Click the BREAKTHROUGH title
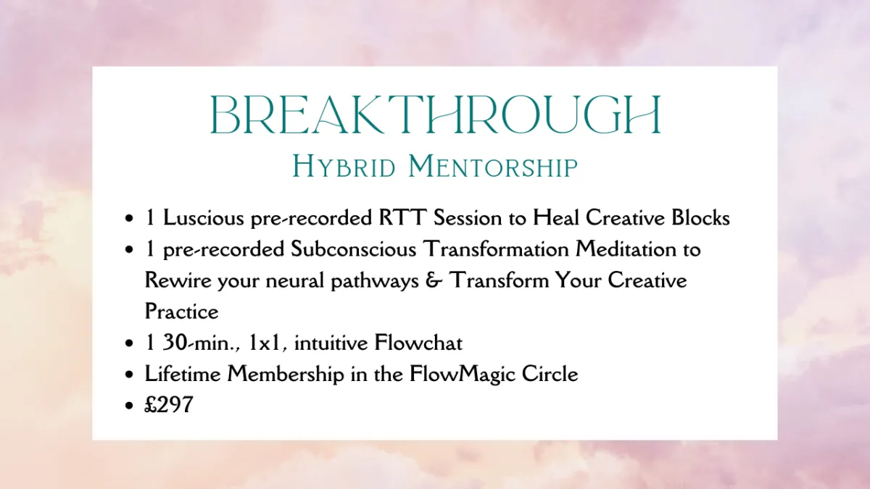[436, 115]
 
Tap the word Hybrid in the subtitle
[344, 167]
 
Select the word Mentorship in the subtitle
[493, 166]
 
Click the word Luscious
[204, 217]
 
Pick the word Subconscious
[354, 248]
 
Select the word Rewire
[178, 280]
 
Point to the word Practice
[181, 312]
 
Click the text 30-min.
[202, 343]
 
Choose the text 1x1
[265, 343]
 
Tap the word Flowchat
[418, 343]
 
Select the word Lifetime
[183, 374]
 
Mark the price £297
[168, 405]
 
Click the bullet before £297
[129, 406]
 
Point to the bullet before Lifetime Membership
[129, 375]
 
